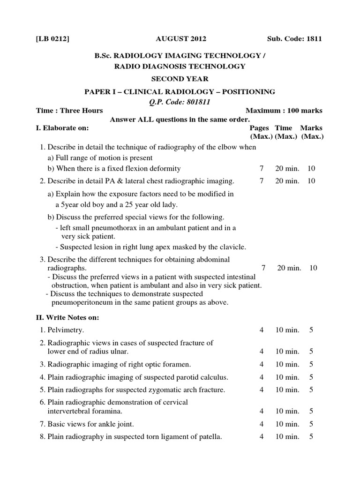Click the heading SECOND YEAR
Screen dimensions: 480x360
180,79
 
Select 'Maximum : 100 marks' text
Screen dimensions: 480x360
284,111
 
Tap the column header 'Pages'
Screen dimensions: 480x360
259,128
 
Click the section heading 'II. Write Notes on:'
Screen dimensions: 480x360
67,317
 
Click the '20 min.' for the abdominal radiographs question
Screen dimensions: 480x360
289,268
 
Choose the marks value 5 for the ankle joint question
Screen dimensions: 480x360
311,424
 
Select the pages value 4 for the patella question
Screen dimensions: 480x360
262,437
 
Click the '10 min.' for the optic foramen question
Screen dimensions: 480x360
287,364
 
